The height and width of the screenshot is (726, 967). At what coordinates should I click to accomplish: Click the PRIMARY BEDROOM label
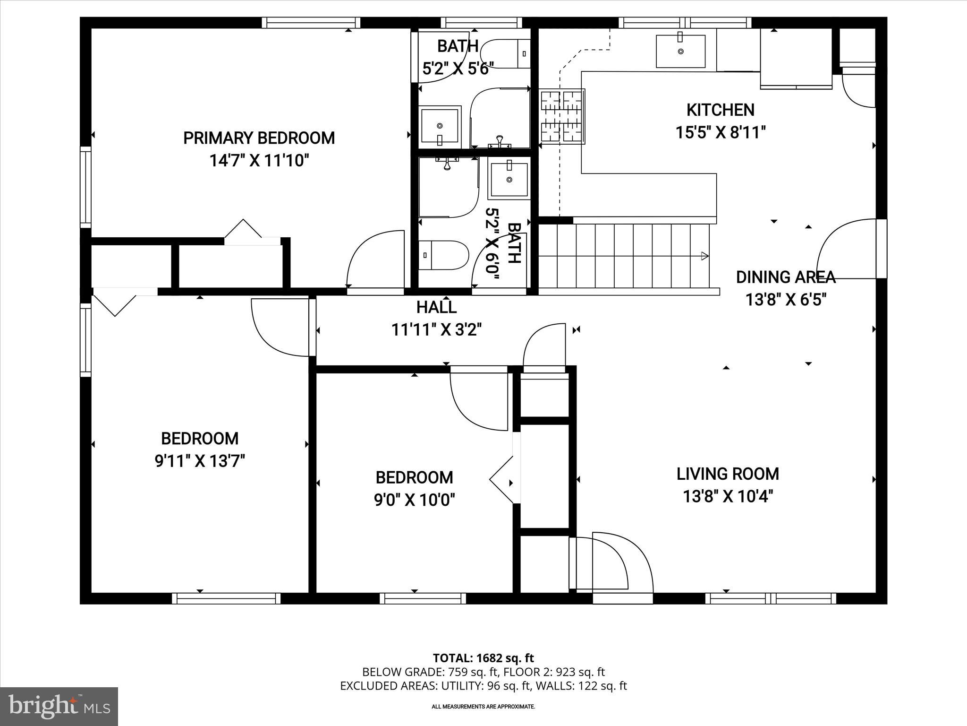click(259, 138)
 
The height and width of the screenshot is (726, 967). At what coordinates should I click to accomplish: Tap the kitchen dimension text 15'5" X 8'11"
click(720, 133)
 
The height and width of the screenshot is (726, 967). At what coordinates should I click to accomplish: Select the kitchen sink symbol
click(680, 51)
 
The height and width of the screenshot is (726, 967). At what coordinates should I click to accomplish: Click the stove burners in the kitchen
click(562, 117)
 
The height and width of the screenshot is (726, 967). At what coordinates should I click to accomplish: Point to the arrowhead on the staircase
click(704, 256)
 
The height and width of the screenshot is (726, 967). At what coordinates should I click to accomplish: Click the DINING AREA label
click(786, 277)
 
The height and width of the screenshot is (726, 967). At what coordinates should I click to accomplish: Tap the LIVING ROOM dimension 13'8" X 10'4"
click(728, 497)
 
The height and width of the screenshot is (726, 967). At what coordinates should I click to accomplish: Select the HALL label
click(436, 308)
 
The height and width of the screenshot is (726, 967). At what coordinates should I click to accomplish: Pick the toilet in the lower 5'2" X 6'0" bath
click(443, 255)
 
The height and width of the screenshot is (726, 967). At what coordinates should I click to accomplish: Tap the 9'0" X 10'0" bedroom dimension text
click(414, 500)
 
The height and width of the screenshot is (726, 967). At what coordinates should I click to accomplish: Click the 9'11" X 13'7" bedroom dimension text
click(200, 461)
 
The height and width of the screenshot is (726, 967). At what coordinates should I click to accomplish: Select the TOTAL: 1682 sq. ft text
click(483, 658)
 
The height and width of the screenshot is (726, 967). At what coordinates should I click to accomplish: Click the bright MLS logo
click(59, 706)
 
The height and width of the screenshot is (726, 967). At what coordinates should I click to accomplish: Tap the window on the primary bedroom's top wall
click(311, 23)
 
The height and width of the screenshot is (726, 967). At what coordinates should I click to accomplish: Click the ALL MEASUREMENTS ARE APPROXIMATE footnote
click(483, 707)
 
